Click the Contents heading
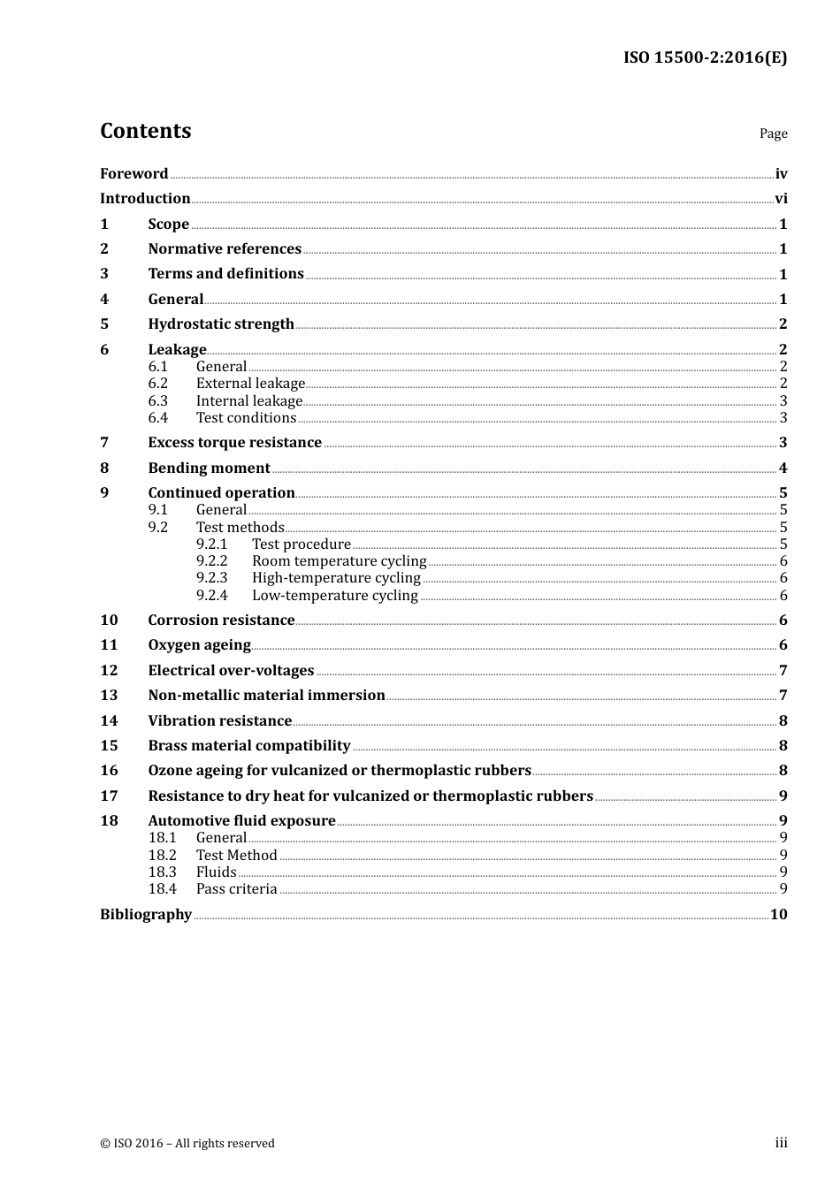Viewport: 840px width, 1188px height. point(145,131)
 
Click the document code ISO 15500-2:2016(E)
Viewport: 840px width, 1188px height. point(705,57)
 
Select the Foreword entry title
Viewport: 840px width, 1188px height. point(134,173)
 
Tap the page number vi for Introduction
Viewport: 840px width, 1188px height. point(781,199)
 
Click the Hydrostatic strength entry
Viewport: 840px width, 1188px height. point(220,324)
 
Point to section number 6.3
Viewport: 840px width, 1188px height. point(157,400)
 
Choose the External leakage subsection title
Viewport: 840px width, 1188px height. point(250,384)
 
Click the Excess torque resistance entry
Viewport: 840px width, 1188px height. point(234,443)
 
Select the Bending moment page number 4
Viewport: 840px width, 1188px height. point(783,468)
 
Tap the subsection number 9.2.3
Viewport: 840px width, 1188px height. point(211,578)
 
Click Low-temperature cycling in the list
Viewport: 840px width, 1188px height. point(334,596)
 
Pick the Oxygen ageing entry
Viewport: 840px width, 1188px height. point(199,645)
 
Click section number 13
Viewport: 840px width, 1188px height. point(109,696)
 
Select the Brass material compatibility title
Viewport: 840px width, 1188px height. point(248,746)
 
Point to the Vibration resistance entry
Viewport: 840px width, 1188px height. point(219,721)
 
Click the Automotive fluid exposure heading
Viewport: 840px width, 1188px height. point(241,821)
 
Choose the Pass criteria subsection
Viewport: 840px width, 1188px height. point(236,889)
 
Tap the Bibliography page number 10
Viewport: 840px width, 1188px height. point(778,915)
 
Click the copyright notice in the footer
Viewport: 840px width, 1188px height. point(187,1144)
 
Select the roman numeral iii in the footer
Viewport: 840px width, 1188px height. point(781,1143)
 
